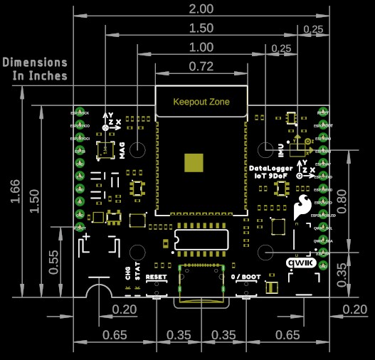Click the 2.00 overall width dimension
pyautogui.click(x=201, y=9)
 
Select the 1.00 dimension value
pyautogui.click(x=201, y=47)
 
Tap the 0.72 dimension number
pyautogui.click(x=201, y=67)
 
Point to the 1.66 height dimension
pyautogui.click(x=14, y=191)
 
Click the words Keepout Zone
pyautogui.click(x=201, y=102)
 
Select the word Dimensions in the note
pyautogui.click(x=36, y=63)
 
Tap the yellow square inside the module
pyautogui.click(x=193, y=162)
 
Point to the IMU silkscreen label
pyautogui.click(x=280, y=149)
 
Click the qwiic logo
pyautogui.click(x=300, y=262)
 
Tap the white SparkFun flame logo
pyautogui.click(x=303, y=206)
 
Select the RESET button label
pyautogui.click(x=155, y=276)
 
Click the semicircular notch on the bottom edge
pyautogui.click(x=98, y=291)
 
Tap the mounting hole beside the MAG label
pyautogui.click(x=138, y=150)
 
